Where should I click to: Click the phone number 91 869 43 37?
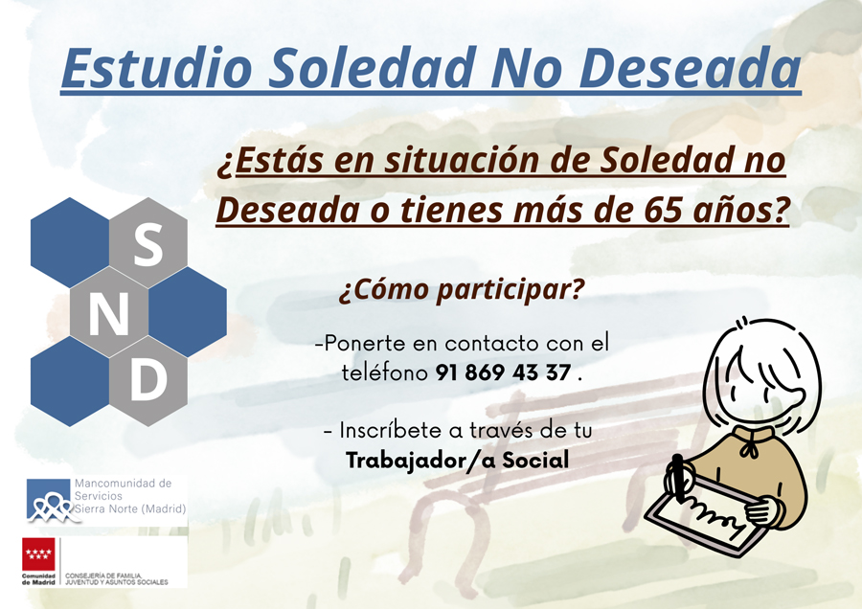(504, 373)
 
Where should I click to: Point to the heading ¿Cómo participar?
(461, 290)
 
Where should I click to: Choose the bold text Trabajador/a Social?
(457, 461)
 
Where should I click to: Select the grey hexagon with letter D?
(147, 381)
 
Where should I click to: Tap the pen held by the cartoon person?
(681, 479)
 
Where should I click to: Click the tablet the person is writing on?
(704, 517)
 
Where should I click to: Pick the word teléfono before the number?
(384, 373)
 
